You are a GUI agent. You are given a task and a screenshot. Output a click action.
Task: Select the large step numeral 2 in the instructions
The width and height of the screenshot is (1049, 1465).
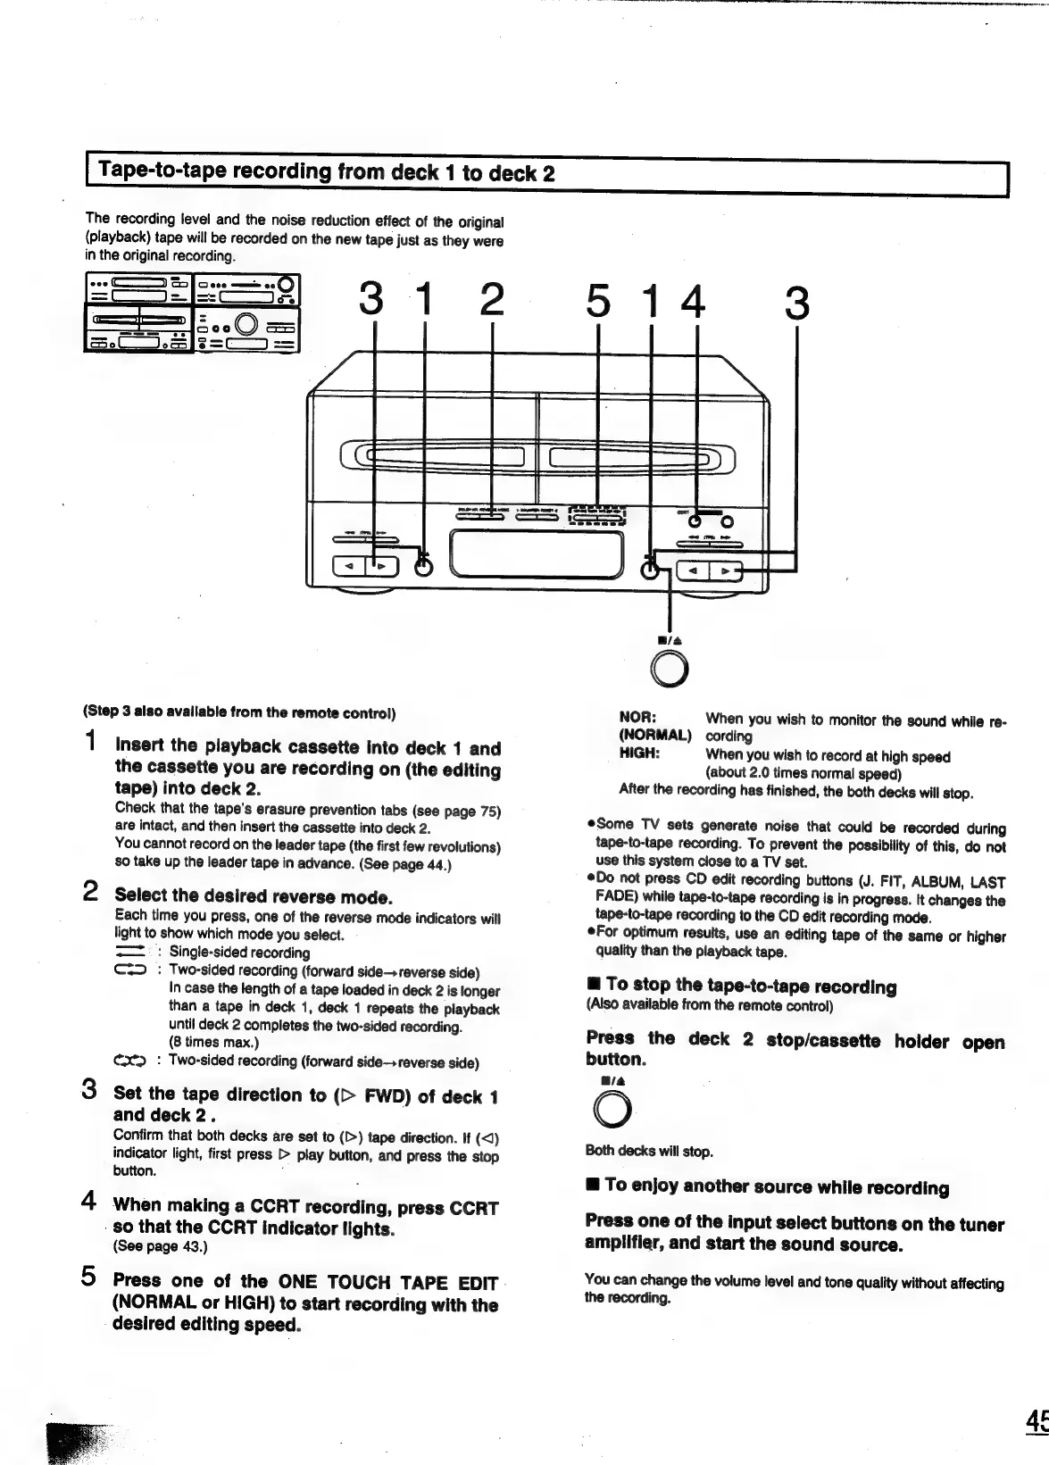pos(90,890)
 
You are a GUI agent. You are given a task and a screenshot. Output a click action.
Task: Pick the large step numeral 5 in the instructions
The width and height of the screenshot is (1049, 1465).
pos(90,1276)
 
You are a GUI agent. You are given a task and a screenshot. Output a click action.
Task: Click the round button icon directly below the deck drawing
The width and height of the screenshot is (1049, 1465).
pos(670,669)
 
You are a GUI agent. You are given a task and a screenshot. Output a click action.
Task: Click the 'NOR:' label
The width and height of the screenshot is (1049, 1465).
pos(637,718)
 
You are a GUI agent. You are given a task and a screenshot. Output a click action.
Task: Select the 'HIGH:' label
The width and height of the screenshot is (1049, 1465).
pos(639,754)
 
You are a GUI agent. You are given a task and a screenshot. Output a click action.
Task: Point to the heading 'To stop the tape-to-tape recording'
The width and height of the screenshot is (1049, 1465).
pos(750,986)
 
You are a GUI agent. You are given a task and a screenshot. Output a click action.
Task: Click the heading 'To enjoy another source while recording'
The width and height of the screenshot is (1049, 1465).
pos(775,1186)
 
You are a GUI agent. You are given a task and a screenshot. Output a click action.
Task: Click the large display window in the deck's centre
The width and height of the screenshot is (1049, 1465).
pos(537,555)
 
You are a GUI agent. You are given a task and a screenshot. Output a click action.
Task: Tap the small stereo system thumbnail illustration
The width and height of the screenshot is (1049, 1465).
pos(192,312)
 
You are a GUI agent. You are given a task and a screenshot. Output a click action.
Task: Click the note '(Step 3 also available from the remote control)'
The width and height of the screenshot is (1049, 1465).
pos(239,713)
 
